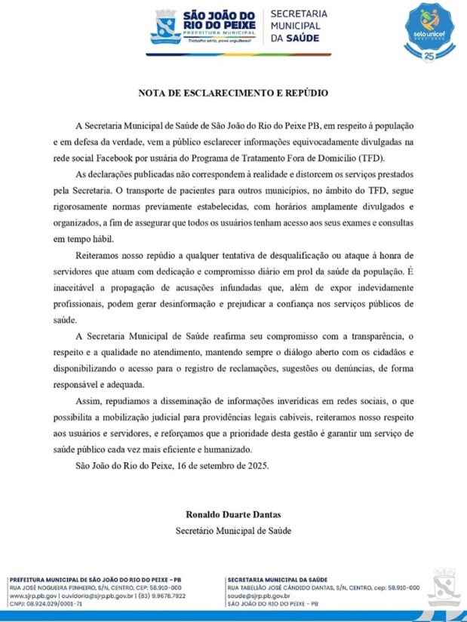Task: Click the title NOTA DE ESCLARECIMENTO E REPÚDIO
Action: pos(233,93)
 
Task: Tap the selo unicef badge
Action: pos(430,29)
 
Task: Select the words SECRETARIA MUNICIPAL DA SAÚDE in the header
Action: pos(299,26)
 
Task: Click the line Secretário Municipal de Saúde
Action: pos(233,530)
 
